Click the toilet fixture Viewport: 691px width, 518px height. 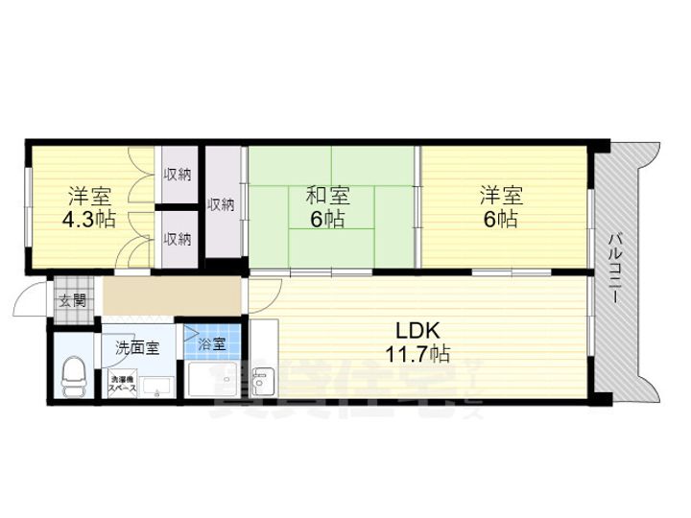pos(72,373)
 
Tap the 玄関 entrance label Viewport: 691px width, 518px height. pos(72,300)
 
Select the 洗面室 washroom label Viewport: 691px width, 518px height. pos(137,346)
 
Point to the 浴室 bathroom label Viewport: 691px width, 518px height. pos(212,342)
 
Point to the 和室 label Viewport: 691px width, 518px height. pos(327,196)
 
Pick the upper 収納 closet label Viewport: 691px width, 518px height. pos(176,174)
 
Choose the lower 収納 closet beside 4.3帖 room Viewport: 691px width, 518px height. pos(176,238)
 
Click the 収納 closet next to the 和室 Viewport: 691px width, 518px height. pos(222,203)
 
